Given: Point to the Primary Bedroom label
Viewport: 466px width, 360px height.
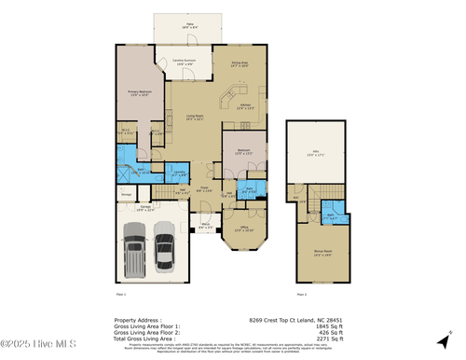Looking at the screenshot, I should tap(138, 93).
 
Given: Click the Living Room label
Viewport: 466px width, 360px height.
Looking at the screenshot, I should tap(195, 118).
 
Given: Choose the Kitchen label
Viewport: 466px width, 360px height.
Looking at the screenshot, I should tap(244, 106).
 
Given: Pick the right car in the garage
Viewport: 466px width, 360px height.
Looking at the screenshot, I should tap(165, 249).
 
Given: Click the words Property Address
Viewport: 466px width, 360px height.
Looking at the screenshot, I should tap(137, 318).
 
